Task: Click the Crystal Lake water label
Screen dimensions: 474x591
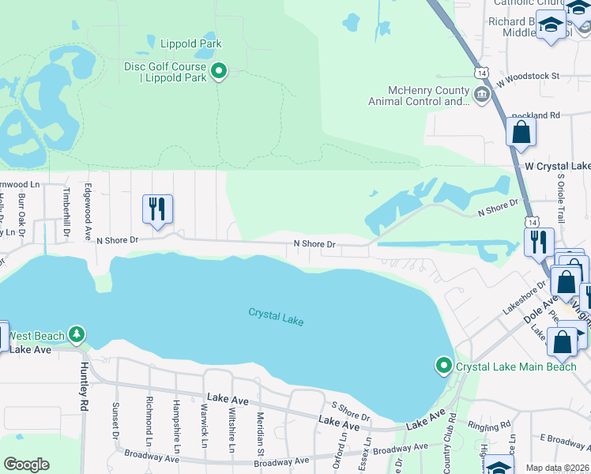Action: tap(276, 316)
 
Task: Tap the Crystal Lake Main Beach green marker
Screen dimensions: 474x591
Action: tap(443, 366)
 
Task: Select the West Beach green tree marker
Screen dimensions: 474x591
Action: tap(77, 335)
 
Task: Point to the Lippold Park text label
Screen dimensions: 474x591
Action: tap(191, 43)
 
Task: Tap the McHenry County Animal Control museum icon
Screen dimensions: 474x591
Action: tap(481, 96)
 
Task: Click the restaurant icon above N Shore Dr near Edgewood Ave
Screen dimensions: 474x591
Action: tap(157, 209)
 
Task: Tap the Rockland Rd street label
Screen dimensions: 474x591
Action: tap(536, 115)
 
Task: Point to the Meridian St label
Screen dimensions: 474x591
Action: tap(260, 434)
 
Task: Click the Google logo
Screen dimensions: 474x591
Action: tap(26, 465)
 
